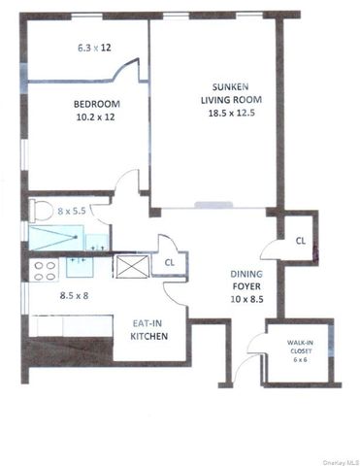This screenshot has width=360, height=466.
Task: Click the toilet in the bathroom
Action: pyautogui.click(x=41, y=208)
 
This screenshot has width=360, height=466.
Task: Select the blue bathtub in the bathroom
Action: pyautogui.click(x=54, y=234)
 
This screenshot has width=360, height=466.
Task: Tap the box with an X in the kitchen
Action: pyautogui.click(x=129, y=265)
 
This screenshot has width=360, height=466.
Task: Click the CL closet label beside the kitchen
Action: pyautogui.click(x=169, y=262)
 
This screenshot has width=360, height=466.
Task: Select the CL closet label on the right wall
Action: pyautogui.click(x=300, y=240)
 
